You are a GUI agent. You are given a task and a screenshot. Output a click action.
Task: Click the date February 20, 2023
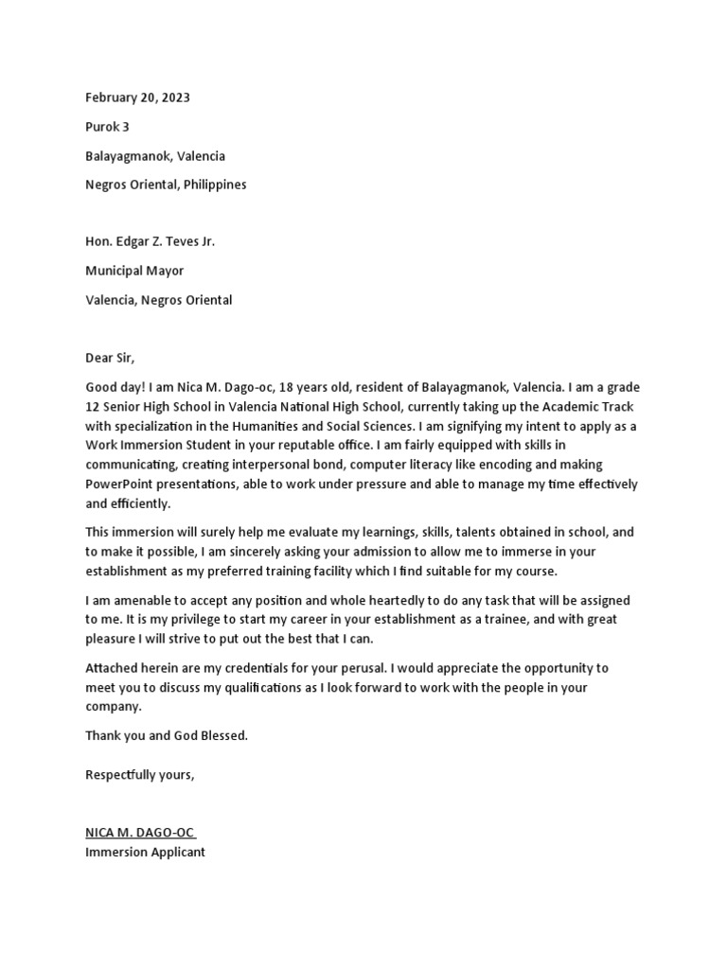click(x=144, y=97)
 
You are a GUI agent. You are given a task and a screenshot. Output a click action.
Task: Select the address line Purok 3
click(x=107, y=127)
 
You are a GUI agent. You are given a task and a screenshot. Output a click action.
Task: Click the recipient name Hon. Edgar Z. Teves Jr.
click(x=150, y=242)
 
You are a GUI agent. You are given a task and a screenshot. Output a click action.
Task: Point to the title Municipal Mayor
click(x=134, y=271)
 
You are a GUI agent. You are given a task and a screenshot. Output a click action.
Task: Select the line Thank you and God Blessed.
click(x=167, y=735)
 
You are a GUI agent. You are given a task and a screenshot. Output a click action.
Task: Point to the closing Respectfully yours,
click(x=140, y=774)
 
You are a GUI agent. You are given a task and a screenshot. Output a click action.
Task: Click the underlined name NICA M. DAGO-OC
click(x=140, y=833)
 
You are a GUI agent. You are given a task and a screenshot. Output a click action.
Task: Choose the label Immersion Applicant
click(x=145, y=852)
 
